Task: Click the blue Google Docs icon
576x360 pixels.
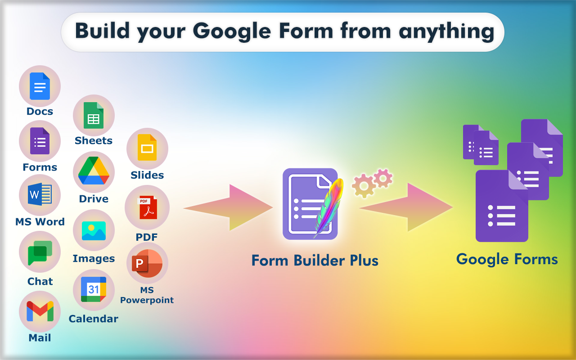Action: click(x=40, y=86)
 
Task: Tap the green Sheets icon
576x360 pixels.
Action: click(x=94, y=115)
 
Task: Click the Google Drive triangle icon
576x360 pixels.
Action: click(x=94, y=171)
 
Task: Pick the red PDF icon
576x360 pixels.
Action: click(x=147, y=207)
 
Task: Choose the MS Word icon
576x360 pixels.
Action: click(x=40, y=195)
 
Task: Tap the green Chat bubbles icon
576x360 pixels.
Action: click(x=40, y=252)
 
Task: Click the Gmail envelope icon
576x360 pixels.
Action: click(x=40, y=311)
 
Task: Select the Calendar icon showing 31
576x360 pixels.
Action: click(x=94, y=289)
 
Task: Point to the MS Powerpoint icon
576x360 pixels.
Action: click(x=147, y=263)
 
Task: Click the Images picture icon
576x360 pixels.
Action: click(x=94, y=230)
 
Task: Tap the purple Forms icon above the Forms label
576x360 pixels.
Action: click(x=40, y=141)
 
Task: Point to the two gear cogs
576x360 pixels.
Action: click(x=373, y=182)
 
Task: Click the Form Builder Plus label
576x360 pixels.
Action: click(x=315, y=261)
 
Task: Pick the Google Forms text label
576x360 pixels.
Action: click(x=507, y=259)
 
